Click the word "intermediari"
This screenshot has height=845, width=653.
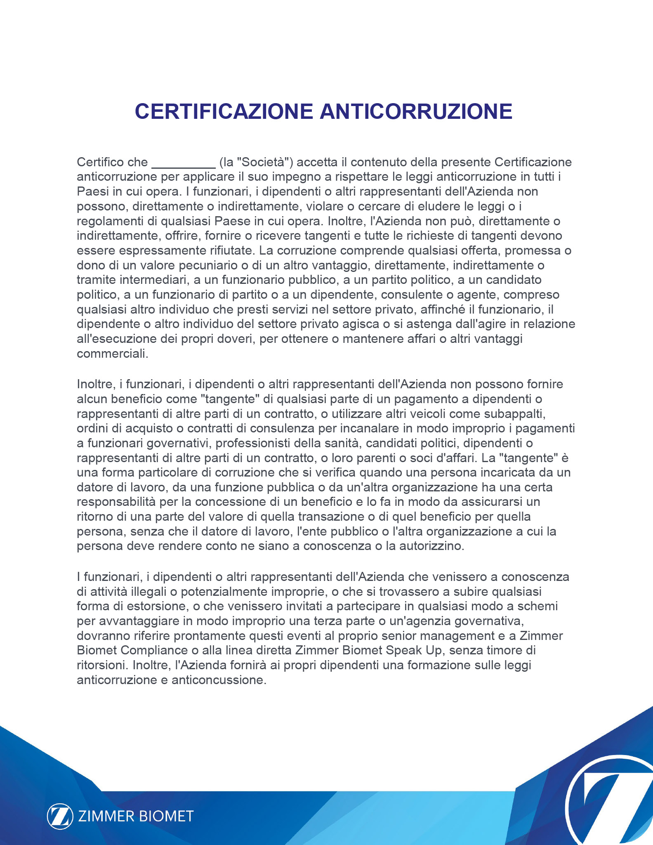point(155,280)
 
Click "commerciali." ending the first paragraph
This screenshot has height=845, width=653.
point(112,354)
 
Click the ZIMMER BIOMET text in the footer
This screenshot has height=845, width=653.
point(136,816)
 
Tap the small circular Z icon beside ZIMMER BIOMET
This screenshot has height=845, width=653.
point(60,816)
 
